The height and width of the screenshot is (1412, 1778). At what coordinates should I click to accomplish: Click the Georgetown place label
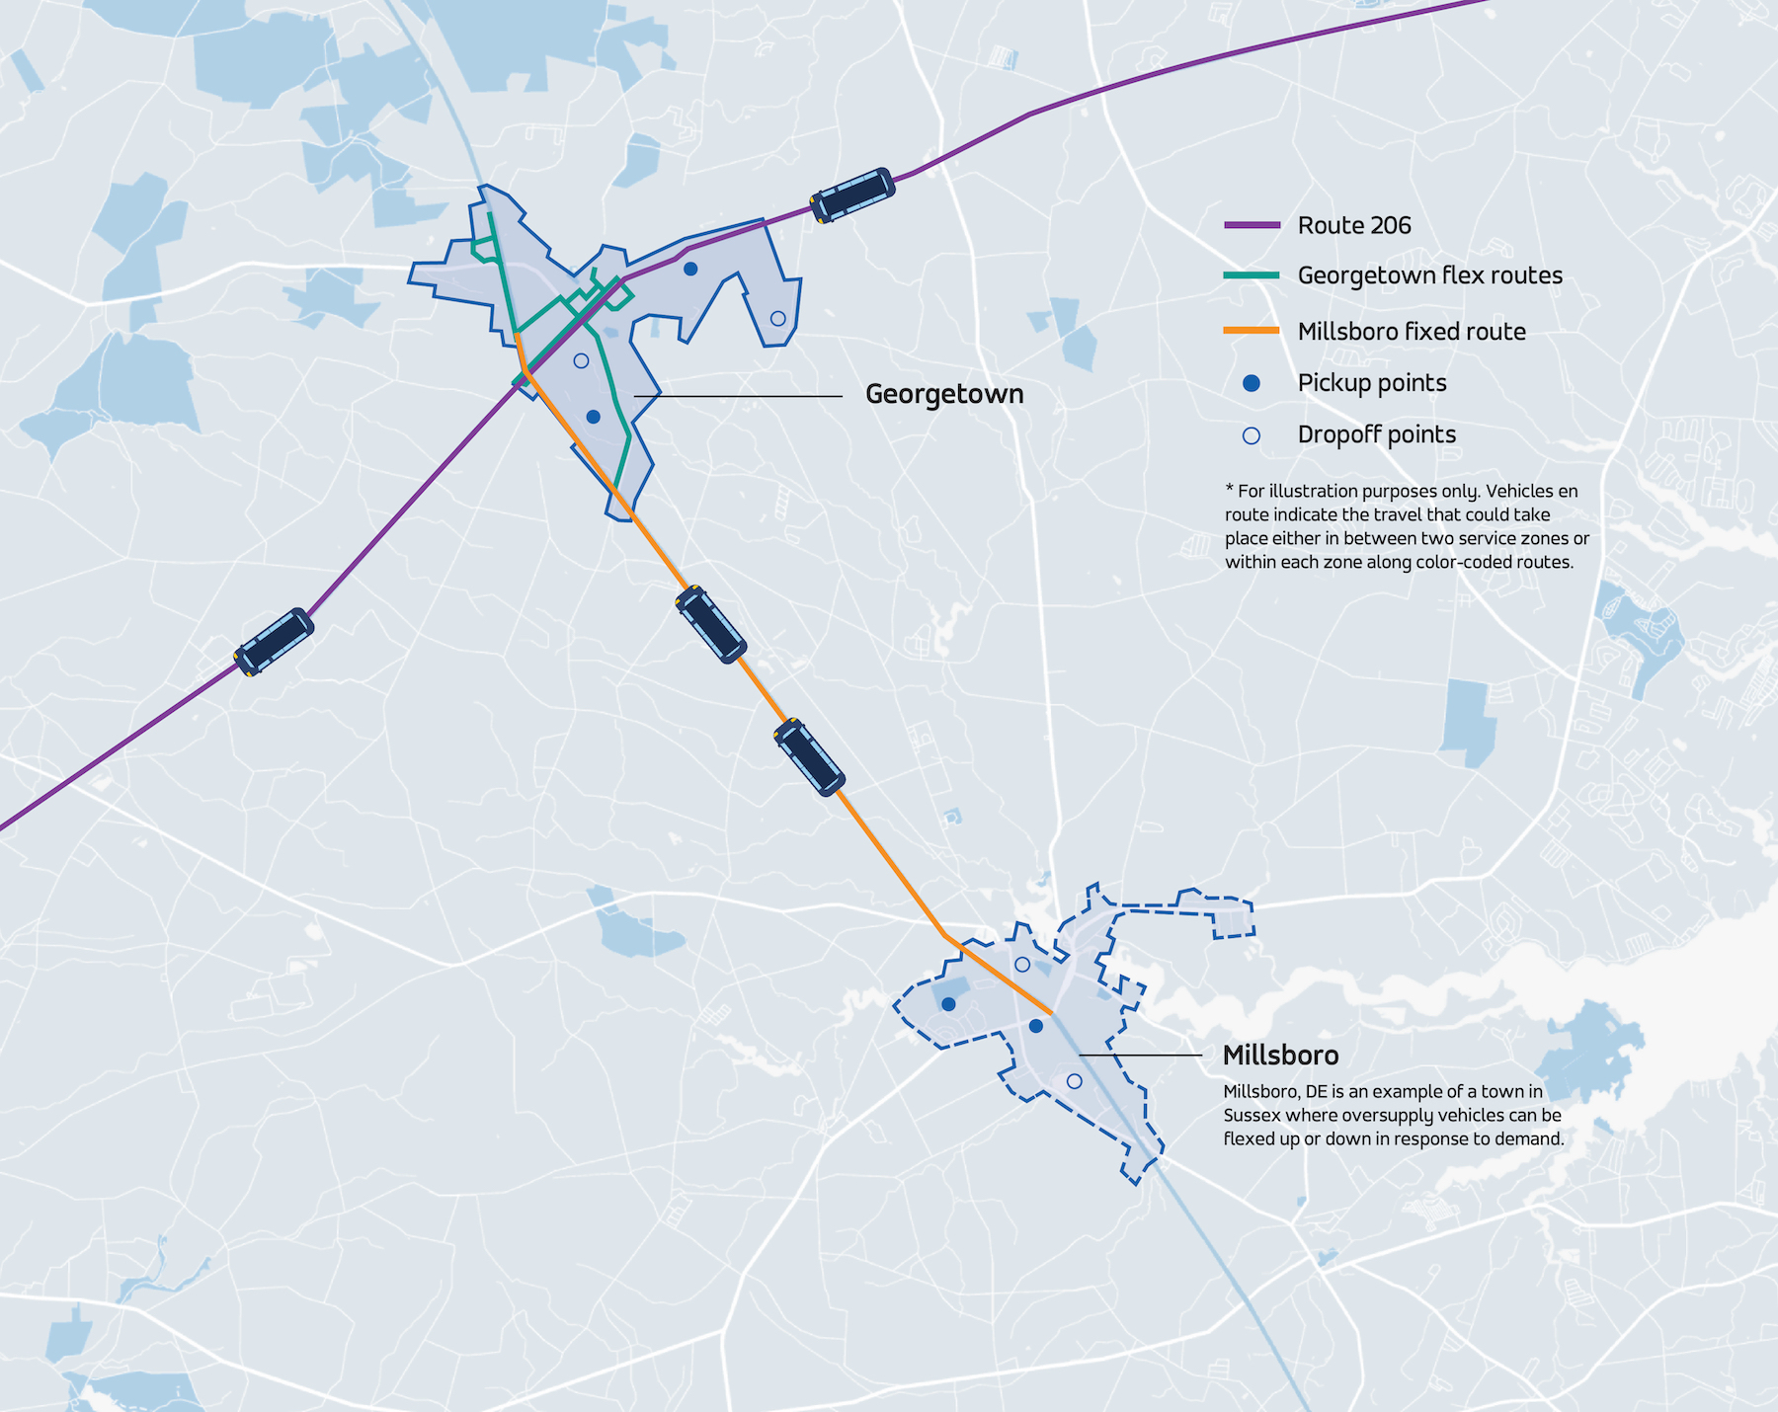(x=943, y=394)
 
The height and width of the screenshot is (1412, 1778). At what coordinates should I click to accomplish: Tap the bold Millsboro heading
(x=1280, y=1056)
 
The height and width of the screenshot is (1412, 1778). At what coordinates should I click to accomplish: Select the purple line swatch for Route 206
(x=1252, y=226)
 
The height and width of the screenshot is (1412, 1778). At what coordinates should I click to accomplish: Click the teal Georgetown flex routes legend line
(x=1252, y=275)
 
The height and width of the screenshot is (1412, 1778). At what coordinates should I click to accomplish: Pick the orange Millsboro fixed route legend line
(x=1252, y=331)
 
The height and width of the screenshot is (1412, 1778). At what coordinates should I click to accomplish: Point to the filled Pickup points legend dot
(x=1252, y=383)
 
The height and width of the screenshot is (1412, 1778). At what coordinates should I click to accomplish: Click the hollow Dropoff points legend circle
(x=1252, y=435)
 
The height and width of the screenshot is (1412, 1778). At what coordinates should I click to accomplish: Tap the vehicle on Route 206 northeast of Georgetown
(x=852, y=196)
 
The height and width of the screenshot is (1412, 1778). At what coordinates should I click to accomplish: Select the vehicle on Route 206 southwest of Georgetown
(x=275, y=642)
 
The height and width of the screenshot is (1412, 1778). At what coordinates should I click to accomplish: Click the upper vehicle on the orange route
(x=711, y=624)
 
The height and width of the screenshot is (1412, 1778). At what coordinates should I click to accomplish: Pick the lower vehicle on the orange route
(x=809, y=757)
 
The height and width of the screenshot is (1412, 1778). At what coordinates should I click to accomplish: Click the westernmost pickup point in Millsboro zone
(x=948, y=1004)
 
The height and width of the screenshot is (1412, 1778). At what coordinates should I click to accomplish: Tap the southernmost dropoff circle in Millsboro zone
(x=1075, y=1081)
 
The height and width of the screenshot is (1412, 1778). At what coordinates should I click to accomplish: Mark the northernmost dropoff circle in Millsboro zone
(x=1022, y=965)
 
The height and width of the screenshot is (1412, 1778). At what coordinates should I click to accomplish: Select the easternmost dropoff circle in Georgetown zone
(x=777, y=318)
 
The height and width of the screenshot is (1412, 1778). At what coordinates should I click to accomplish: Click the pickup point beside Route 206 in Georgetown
(x=690, y=269)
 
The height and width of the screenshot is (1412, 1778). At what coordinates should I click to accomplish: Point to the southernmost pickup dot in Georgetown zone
(x=593, y=417)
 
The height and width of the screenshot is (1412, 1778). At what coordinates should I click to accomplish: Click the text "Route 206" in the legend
(x=1354, y=226)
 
